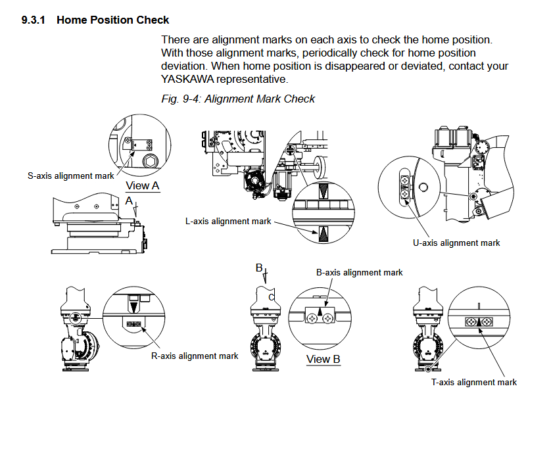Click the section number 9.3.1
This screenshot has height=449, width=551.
coord(33,20)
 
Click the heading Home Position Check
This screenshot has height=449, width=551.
coord(112,20)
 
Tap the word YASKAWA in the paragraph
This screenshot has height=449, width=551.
coord(187,79)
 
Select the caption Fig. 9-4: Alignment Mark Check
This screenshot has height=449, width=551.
coord(238,99)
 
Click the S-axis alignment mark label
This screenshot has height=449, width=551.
coord(71,176)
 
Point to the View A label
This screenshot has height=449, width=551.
coord(143,186)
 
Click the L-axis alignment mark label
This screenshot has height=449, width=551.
coord(228,222)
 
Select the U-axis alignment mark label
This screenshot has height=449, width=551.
coord(456,243)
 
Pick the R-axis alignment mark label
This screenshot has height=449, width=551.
coord(195,356)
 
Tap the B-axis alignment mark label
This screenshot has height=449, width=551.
coord(360,272)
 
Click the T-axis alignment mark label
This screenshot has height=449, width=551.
coord(474,382)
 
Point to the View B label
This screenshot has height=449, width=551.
coord(323,360)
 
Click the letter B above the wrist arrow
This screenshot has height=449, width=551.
coord(259,268)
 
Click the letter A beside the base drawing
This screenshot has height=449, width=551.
coord(130,199)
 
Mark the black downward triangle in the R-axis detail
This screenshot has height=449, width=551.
coord(134,306)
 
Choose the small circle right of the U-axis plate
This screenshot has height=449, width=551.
coord(423,187)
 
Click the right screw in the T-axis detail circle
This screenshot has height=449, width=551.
coord(487,322)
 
